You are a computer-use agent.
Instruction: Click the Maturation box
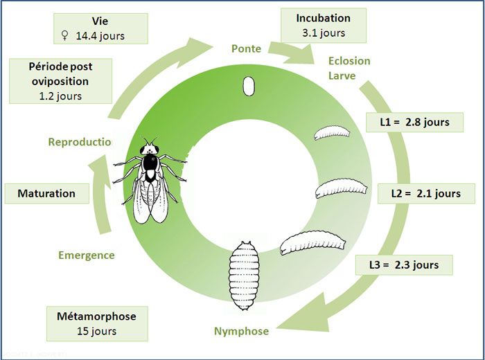pos(46,193)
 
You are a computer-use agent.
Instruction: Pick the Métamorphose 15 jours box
pos(96,323)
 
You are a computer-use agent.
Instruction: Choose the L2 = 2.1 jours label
pos(420,193)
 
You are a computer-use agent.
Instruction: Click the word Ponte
pos(246,48)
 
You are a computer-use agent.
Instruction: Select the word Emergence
pos(86,255)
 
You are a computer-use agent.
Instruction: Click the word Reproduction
pos(80,142)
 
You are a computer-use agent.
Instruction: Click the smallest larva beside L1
pos(331,134)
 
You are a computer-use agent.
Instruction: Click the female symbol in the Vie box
pos(66,35)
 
